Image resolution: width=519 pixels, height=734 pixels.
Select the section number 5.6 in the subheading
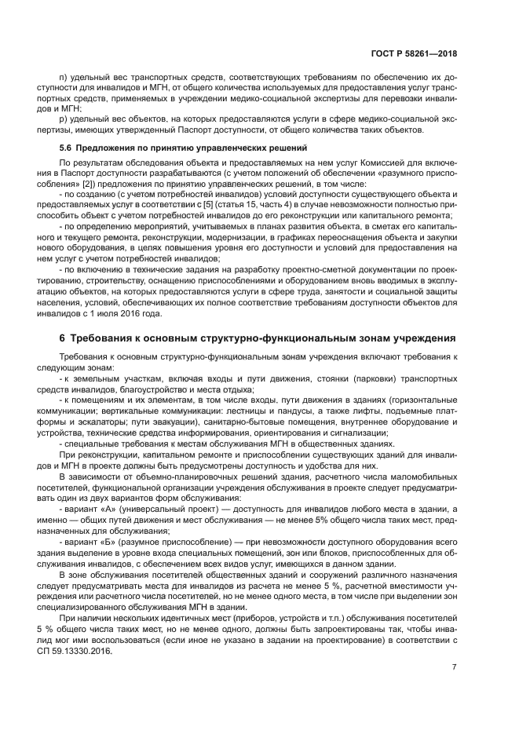click(x=66, y=148)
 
